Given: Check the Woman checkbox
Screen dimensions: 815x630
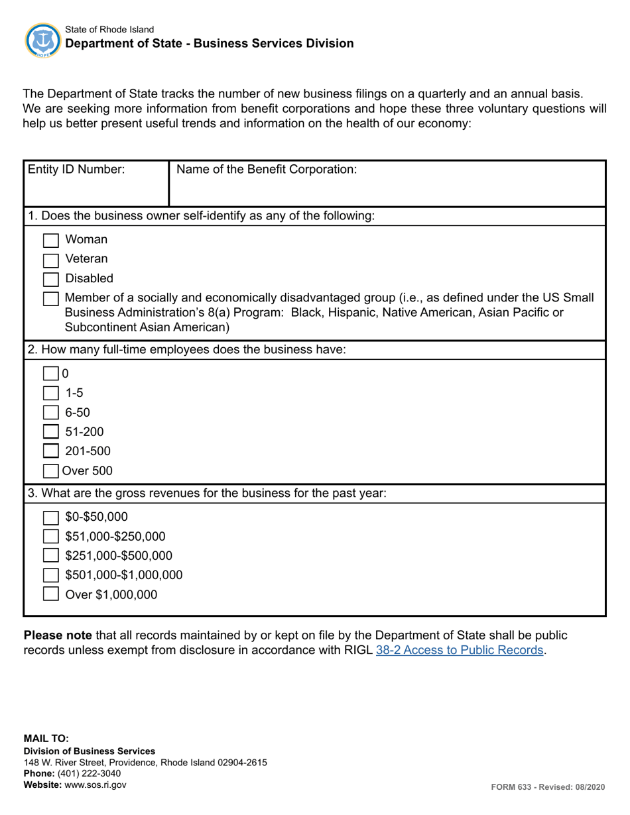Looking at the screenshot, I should point(51,240).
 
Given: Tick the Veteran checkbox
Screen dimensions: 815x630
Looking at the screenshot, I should point(51,259).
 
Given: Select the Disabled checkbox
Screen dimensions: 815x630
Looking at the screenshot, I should point(51,279).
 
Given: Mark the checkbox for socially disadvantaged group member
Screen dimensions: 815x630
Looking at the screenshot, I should point(51,299).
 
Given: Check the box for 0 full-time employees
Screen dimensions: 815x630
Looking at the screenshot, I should point(51,374).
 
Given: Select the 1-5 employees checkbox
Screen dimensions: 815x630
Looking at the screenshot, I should point(51,394).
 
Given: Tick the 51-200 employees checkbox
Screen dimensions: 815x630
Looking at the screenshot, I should point(51,433).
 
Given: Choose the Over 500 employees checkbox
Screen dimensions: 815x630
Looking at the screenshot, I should point(51,472).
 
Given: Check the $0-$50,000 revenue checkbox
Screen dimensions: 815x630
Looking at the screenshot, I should point(51,517).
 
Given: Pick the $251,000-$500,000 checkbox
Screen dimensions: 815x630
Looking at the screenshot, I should point(51,556).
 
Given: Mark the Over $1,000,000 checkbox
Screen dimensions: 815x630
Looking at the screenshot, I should point(51,594).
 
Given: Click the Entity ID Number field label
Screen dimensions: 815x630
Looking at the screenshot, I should point(76,170).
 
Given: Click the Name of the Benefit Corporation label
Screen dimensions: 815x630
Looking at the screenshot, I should point(267,170).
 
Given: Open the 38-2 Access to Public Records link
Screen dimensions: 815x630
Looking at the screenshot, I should point(460,650).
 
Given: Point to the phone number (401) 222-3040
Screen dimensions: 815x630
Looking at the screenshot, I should point(89,774).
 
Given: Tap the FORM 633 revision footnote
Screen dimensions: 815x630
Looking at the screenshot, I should point(548,787).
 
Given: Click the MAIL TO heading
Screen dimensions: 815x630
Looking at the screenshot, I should point(46,738).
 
